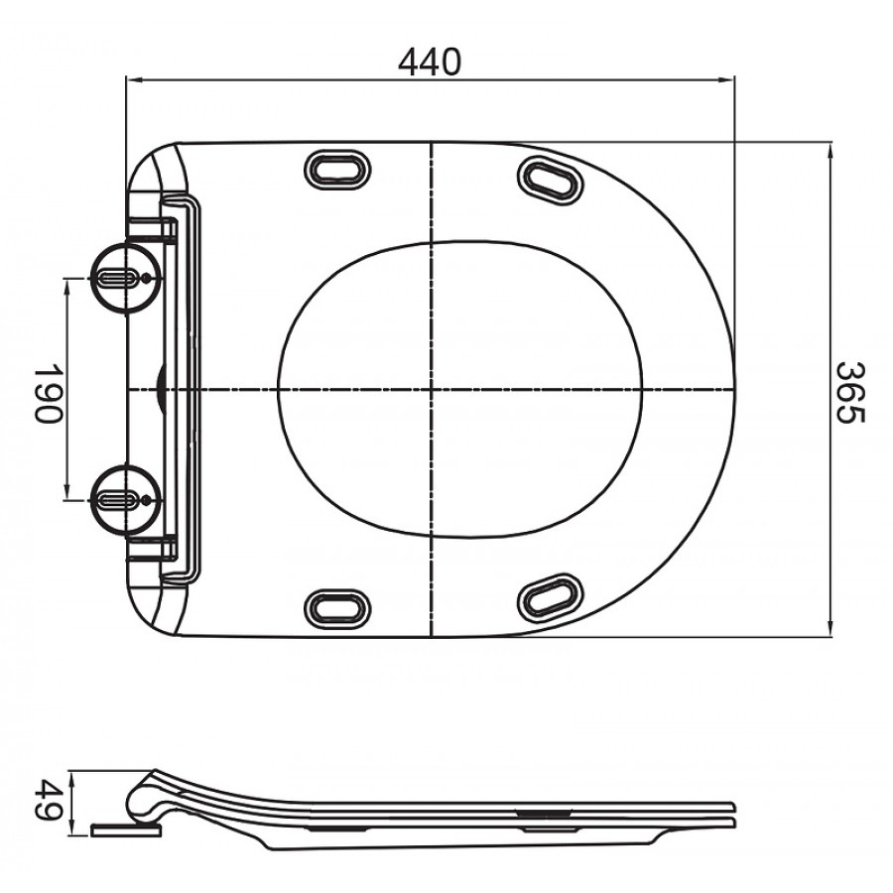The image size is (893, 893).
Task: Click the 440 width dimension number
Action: (430, 63)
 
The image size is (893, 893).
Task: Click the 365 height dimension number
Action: (850, 390)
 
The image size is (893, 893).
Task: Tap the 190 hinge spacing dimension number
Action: (48, 390)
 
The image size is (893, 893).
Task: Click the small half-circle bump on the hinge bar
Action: (162, 388)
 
